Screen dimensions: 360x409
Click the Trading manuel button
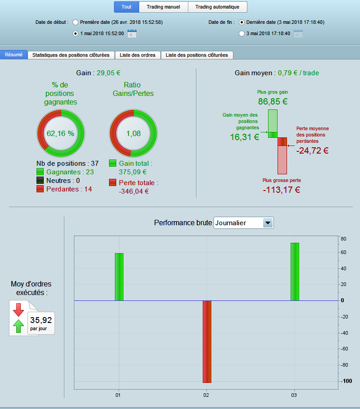pyautogui.click(x=163, y=7)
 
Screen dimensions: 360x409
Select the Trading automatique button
pyautogui.click(x=217, y=7)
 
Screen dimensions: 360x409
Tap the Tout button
pyautogui.click(x=127, y=7)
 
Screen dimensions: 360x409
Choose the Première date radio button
pyautogui.click(x=75, y=23)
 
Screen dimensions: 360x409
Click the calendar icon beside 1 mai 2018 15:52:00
pyautogui.click(x=132, y=34)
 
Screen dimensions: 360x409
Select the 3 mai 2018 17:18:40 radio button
pyautogui.click(x=242, y=34)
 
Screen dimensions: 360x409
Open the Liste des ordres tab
pyautogui.click(x=137, y=55)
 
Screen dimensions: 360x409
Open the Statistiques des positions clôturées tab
pyautogui.click(x=71, y=55)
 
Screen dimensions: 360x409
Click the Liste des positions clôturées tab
pyautogui.click(x=197, y=55)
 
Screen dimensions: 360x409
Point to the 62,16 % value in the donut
pyautogui.click(x=60, y=133)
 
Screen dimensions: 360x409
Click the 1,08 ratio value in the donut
pyautogui.click(x=133, y=133)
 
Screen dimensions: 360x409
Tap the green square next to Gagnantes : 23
pyautogui.click(x=40, y=172)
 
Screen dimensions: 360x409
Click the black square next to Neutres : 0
pyautogui.click(x=40, y=180)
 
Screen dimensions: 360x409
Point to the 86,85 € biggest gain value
pyautogui.click(x=273, y=101)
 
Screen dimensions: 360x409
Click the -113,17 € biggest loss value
pyautogui.click(x=282, y=190)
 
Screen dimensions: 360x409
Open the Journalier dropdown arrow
pyautogui.click(x=268, y=223)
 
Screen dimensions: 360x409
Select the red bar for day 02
pyautogui.click(x=207, y=342)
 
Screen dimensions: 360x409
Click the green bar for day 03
pyautogui.click(x=295, y=272)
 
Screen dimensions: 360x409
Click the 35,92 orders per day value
pyautogui.click(x=41, y=320)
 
